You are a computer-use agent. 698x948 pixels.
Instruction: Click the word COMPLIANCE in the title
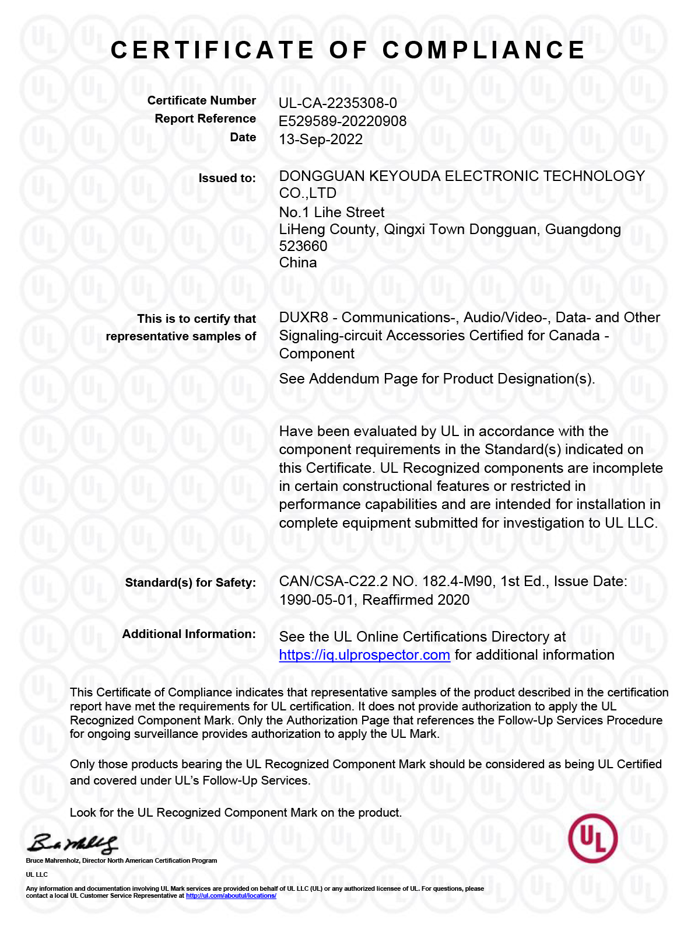(x=483, y=50)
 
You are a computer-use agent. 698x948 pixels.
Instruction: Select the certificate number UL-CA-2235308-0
(x=338, y=103)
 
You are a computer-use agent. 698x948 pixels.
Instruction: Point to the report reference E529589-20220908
(x=342, y=121)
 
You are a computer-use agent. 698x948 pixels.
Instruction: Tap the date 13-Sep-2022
(x=321, y=140)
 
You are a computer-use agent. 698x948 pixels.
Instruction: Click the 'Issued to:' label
(x=227, y=179)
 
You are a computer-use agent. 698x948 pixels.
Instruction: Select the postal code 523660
(x=303, y=246)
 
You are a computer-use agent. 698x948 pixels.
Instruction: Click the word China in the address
(x=298, y=263)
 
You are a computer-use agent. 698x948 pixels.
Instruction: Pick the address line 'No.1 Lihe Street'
(x=332, y=212)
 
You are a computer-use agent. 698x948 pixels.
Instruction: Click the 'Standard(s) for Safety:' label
(x=190, y=583)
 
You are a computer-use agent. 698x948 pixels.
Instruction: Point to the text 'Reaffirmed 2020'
(x=416, y=600)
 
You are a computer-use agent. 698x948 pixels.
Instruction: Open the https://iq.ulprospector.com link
(x=364, y=655)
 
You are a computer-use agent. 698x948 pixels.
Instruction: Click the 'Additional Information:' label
(x=189, y=634)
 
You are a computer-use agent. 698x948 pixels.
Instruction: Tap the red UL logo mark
(x=592, y=838)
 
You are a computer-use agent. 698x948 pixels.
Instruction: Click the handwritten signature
(x=73, y=844)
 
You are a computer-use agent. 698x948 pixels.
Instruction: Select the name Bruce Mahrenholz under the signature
(x=52, y=861)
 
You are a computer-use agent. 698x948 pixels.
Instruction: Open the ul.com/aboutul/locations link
(x=231, y=895)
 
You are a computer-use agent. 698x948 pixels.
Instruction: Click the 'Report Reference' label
(x=205, y=119)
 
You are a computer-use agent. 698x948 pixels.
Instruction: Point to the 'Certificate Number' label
(x=201, y=101)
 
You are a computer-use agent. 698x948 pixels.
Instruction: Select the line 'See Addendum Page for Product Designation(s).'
(x=437, y=379)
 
